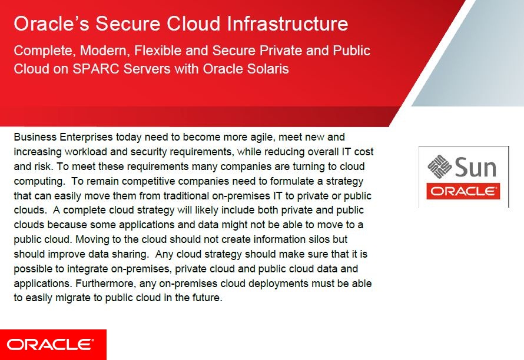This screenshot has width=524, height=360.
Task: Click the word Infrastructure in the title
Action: tap(287, 24)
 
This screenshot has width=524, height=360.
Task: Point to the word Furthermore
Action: tap(106, 284)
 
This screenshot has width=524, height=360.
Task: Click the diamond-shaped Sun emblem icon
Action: tap(439, 166)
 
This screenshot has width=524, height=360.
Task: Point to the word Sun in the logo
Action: tap(476, 167)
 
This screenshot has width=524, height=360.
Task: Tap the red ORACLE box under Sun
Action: tap(463, 191)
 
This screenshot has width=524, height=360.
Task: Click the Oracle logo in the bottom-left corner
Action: tap(53, 345)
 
